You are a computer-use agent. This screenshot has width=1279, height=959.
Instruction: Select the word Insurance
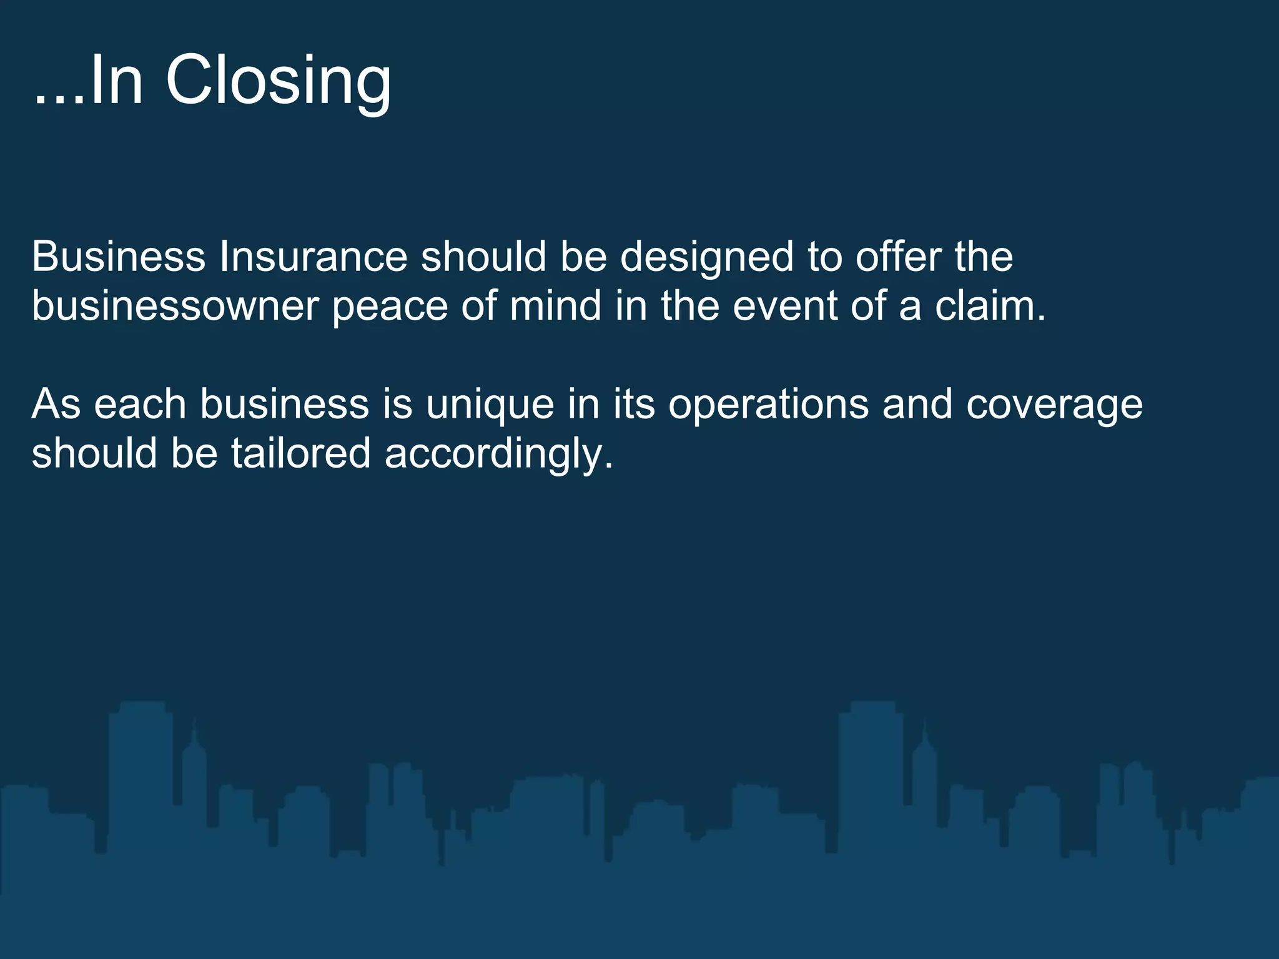[x=313, y=257]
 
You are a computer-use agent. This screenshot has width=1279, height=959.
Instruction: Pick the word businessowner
[x=175, y=306]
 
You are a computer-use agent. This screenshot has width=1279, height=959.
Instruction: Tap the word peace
[x=390, y=307]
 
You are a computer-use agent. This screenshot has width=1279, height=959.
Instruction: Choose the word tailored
[x=301, y=453]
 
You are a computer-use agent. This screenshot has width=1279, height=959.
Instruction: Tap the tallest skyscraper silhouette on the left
[x=141, y=780]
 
